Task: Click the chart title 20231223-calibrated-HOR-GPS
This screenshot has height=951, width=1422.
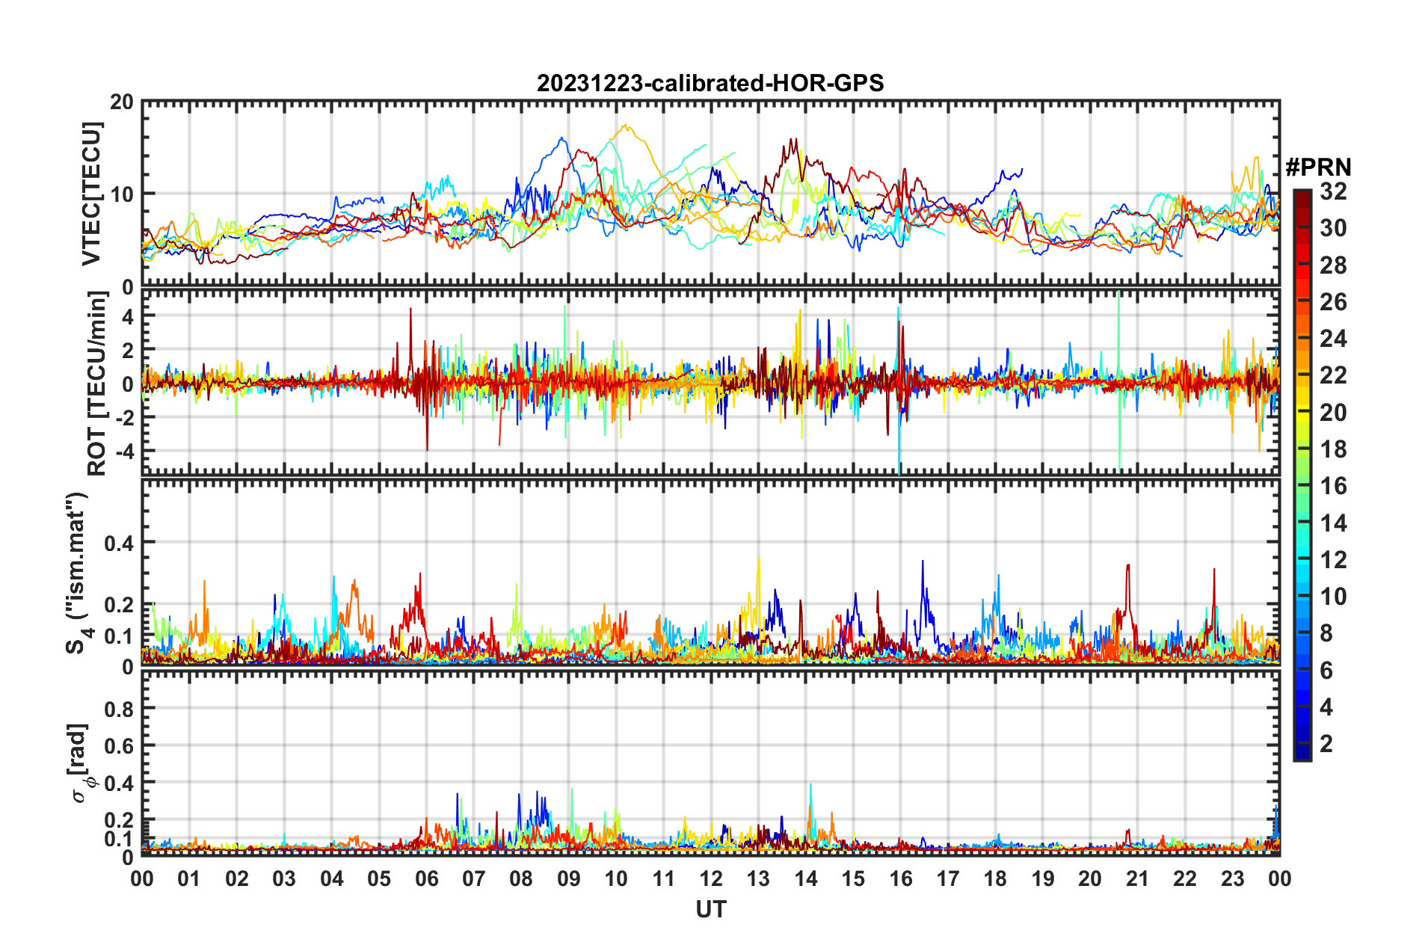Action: (710, 83)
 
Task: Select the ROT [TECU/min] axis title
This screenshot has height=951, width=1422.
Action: (97, 384)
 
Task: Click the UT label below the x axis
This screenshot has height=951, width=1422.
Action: (710, 909)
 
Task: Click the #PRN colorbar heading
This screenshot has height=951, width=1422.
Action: (1318, 167)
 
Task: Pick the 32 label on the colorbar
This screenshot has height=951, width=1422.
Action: (1333, 191)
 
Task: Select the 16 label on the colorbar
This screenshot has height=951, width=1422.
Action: (1333, 486)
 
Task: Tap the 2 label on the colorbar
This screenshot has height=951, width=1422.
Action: (1326, 743)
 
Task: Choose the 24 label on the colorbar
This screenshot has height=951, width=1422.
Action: (1333, 339)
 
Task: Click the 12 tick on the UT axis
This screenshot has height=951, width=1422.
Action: (711, 878)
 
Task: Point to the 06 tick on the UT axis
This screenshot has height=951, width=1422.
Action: (427, 878)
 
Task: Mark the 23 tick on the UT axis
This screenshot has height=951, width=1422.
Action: (1232, 878)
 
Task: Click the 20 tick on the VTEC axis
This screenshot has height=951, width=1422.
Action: (122, 102)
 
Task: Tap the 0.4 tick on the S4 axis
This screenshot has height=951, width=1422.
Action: (118, 543)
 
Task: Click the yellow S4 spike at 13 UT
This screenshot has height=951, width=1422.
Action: (759, 558)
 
